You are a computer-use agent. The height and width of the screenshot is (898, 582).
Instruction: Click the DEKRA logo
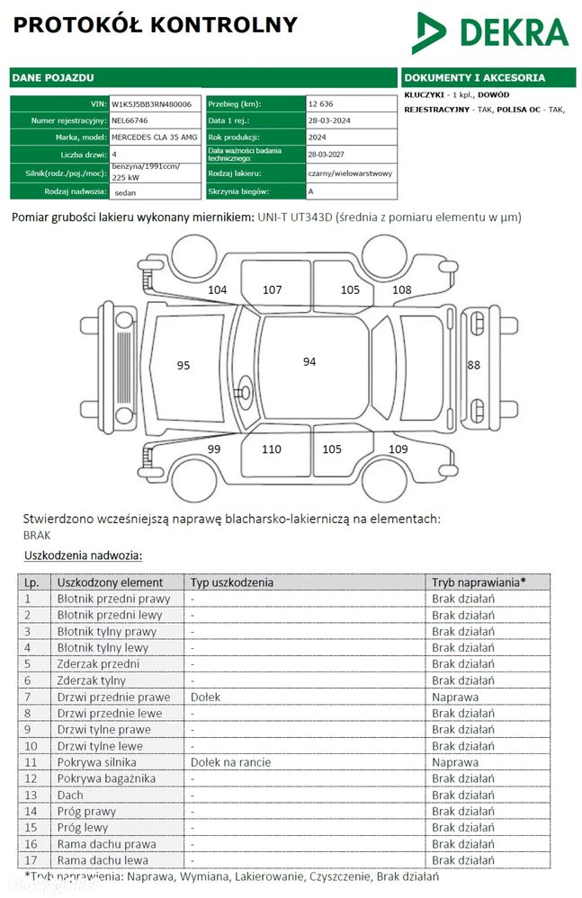[x=489, y=32]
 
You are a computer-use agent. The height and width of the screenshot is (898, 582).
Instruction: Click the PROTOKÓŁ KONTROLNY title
[x=155, y=24]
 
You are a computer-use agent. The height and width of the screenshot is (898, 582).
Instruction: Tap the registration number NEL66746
[x=130, y=120]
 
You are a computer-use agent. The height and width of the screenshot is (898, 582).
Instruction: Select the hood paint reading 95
[x=184, y=365]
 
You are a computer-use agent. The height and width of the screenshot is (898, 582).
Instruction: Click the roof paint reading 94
[x=309, y=361]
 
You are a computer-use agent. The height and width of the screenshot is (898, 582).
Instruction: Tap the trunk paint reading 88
[x=474, y=365]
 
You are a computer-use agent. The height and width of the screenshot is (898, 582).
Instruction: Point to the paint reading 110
[x=272, y=449]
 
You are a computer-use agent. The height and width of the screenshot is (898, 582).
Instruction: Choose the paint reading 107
[x=273, y=289]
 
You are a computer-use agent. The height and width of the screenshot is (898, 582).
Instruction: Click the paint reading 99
[x=214, y=449]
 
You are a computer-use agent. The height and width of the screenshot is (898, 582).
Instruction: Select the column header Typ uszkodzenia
[x=231, y=582]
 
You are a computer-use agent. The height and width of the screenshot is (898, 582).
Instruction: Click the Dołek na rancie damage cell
[x=230, y=762]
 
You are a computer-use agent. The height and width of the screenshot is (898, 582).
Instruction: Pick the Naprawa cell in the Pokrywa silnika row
[x=455, y=762]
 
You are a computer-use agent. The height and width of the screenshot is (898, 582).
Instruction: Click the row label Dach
[x=70, y=795]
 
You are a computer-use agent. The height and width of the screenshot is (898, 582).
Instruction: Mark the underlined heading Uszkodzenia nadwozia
[x=83, y=556]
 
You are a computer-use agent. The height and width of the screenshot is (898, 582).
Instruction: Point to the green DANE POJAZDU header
[x=53, y=78]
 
